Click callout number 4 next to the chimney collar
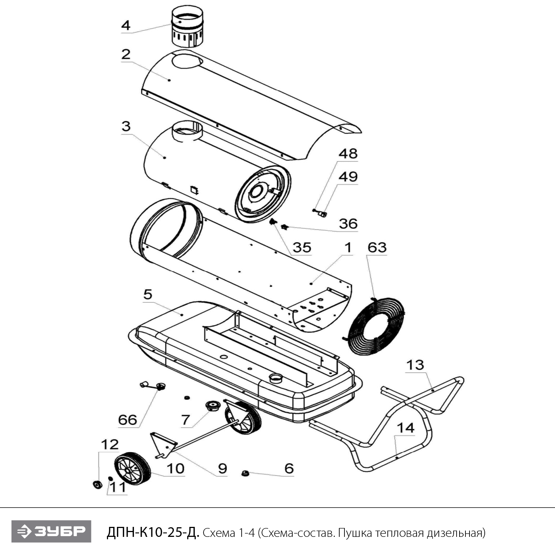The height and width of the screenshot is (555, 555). point(126,26)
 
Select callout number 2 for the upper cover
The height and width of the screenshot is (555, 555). point(126,54)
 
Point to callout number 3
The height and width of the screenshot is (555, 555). point(126,126)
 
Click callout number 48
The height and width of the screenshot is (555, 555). point(348,154)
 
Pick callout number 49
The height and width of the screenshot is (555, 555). point(348,176)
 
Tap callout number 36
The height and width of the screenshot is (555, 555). point(348,223)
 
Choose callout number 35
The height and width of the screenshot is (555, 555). point(302,248)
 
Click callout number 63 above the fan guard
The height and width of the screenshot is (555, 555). point(377,248)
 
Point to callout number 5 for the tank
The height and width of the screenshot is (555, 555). point(148,295)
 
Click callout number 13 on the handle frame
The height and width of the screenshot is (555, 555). point(415,365)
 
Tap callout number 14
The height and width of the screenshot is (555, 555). point(406,428)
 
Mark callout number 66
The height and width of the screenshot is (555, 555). point(128,420)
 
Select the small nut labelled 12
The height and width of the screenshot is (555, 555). point(97,484)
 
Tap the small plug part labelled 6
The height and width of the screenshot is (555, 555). point(244,473)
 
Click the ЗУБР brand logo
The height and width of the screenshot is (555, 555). point(51,532)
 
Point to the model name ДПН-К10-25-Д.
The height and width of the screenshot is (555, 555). point(153,532)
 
